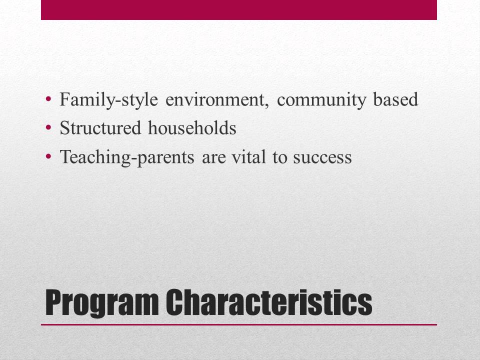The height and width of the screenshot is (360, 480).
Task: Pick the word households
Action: [x=191, y=128]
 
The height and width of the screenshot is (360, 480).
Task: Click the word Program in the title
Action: [x=101, y=302]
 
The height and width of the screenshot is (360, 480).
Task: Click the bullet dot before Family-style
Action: [x=48, y=99]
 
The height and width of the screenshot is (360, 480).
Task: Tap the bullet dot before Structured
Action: [x=48, y=128]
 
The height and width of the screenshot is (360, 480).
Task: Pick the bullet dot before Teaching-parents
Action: [x=48, y=157]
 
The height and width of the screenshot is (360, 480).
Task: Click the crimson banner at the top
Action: [x=239, y=9]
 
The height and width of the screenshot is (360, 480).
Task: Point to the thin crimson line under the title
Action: [x=239, y=324]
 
